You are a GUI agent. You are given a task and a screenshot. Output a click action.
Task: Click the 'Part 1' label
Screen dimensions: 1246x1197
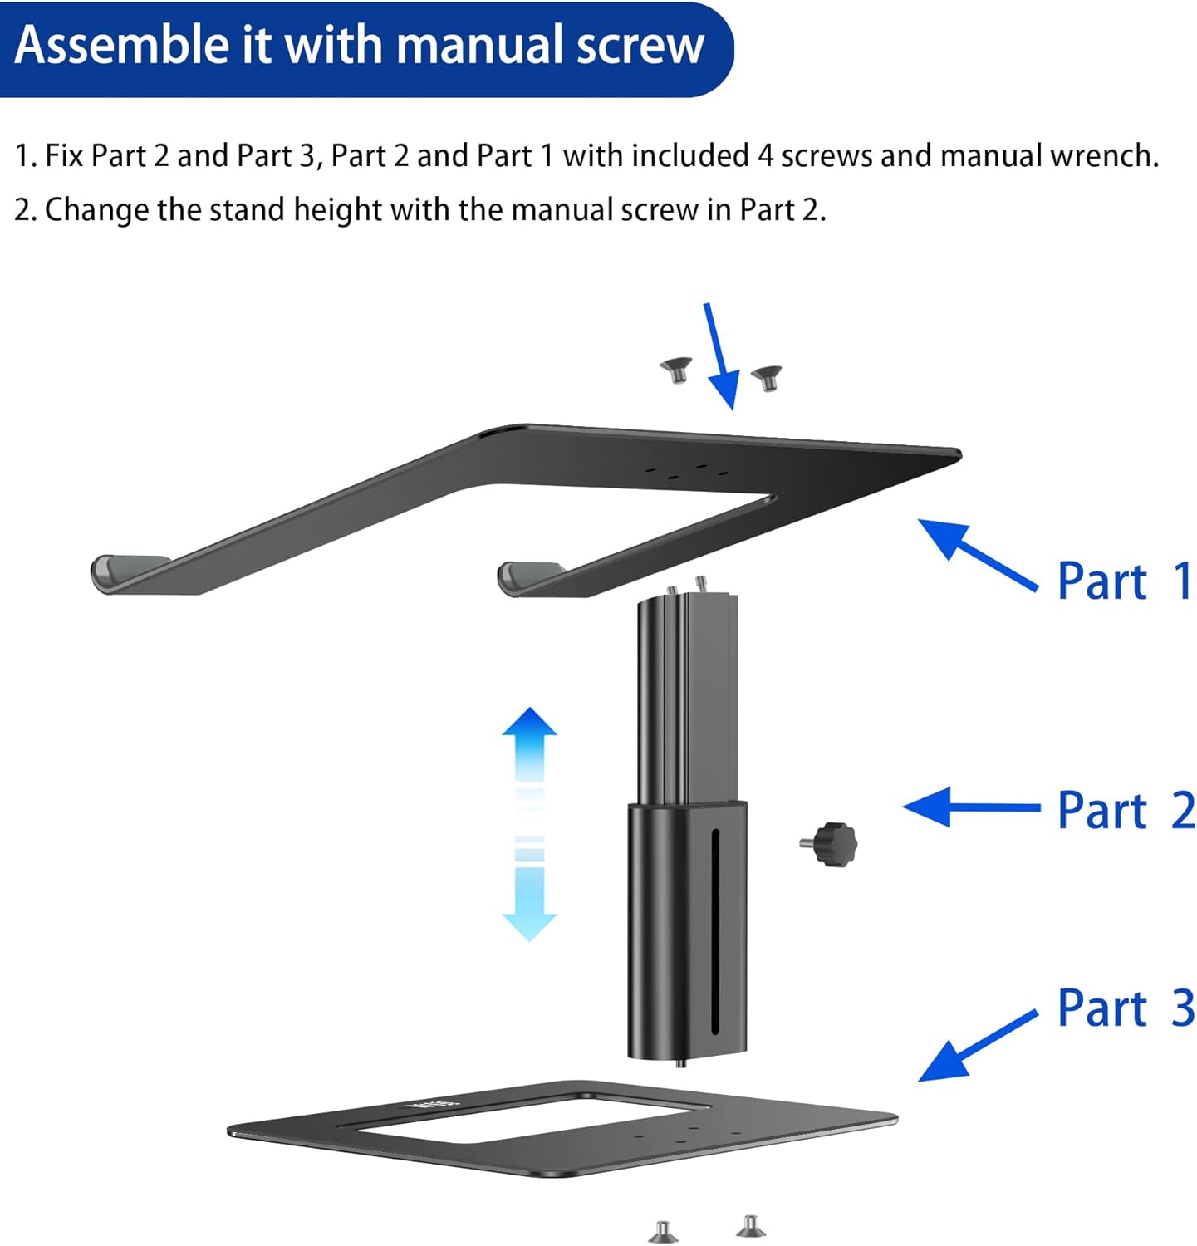tap(1124, 581)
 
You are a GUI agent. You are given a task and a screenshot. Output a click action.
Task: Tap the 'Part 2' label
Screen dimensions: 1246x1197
tap(1125, 810)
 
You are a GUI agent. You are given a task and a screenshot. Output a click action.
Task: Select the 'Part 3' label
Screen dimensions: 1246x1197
tap(1125, 1008)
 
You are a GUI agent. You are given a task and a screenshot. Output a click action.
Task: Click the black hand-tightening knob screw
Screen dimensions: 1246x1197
tap(831, 844)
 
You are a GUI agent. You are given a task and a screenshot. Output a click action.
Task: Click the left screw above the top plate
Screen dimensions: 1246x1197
tap(677, 369)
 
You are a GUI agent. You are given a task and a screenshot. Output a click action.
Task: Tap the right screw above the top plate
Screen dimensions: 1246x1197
tap(767, 378)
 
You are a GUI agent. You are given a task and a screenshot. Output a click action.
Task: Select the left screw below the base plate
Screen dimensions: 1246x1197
tap(663, 1232)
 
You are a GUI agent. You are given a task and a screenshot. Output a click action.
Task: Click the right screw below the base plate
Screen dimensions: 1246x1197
tap(751, 1226)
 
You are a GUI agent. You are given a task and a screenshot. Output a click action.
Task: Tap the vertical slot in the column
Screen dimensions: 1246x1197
tap(714, 930)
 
